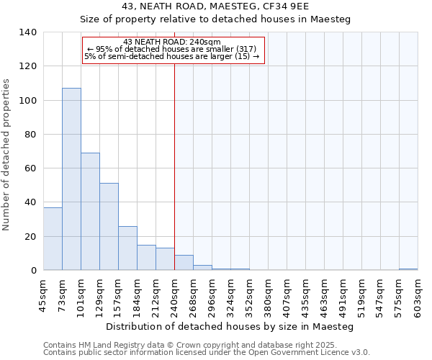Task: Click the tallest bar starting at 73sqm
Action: [71, 179]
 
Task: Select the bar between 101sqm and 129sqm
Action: [90, 212]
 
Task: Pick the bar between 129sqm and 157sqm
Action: [109, 227]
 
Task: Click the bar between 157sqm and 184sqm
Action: [127, 248]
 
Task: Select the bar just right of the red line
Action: [184, 263]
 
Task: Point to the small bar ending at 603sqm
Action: [408, 269]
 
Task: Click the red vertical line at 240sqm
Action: [174, 166]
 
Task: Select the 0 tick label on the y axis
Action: [33, 271]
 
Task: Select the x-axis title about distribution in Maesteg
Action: [230, 326]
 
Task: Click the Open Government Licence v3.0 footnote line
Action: [207, 352]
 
